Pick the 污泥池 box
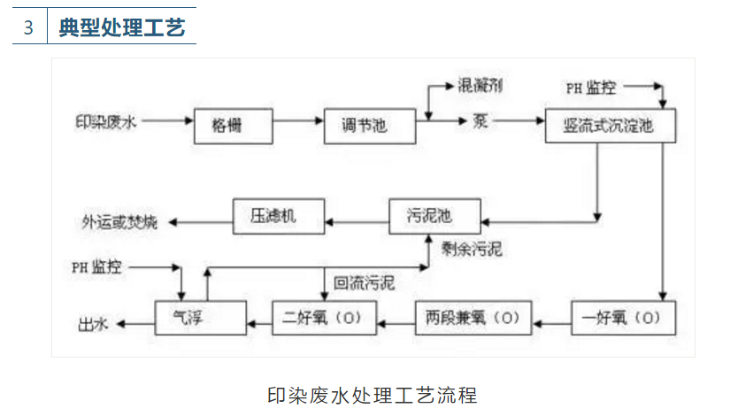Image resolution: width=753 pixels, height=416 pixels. (x=434, y=216)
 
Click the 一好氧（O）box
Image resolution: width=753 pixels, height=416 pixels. (x=616, y=317)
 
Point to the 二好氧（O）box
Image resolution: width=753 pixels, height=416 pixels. (x=324, y=317)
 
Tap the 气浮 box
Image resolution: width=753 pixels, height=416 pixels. (x=200, y=317)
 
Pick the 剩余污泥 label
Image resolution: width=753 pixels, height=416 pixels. (x=471, y=249)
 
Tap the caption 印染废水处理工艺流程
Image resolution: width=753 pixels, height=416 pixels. (x=372, y=393)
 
